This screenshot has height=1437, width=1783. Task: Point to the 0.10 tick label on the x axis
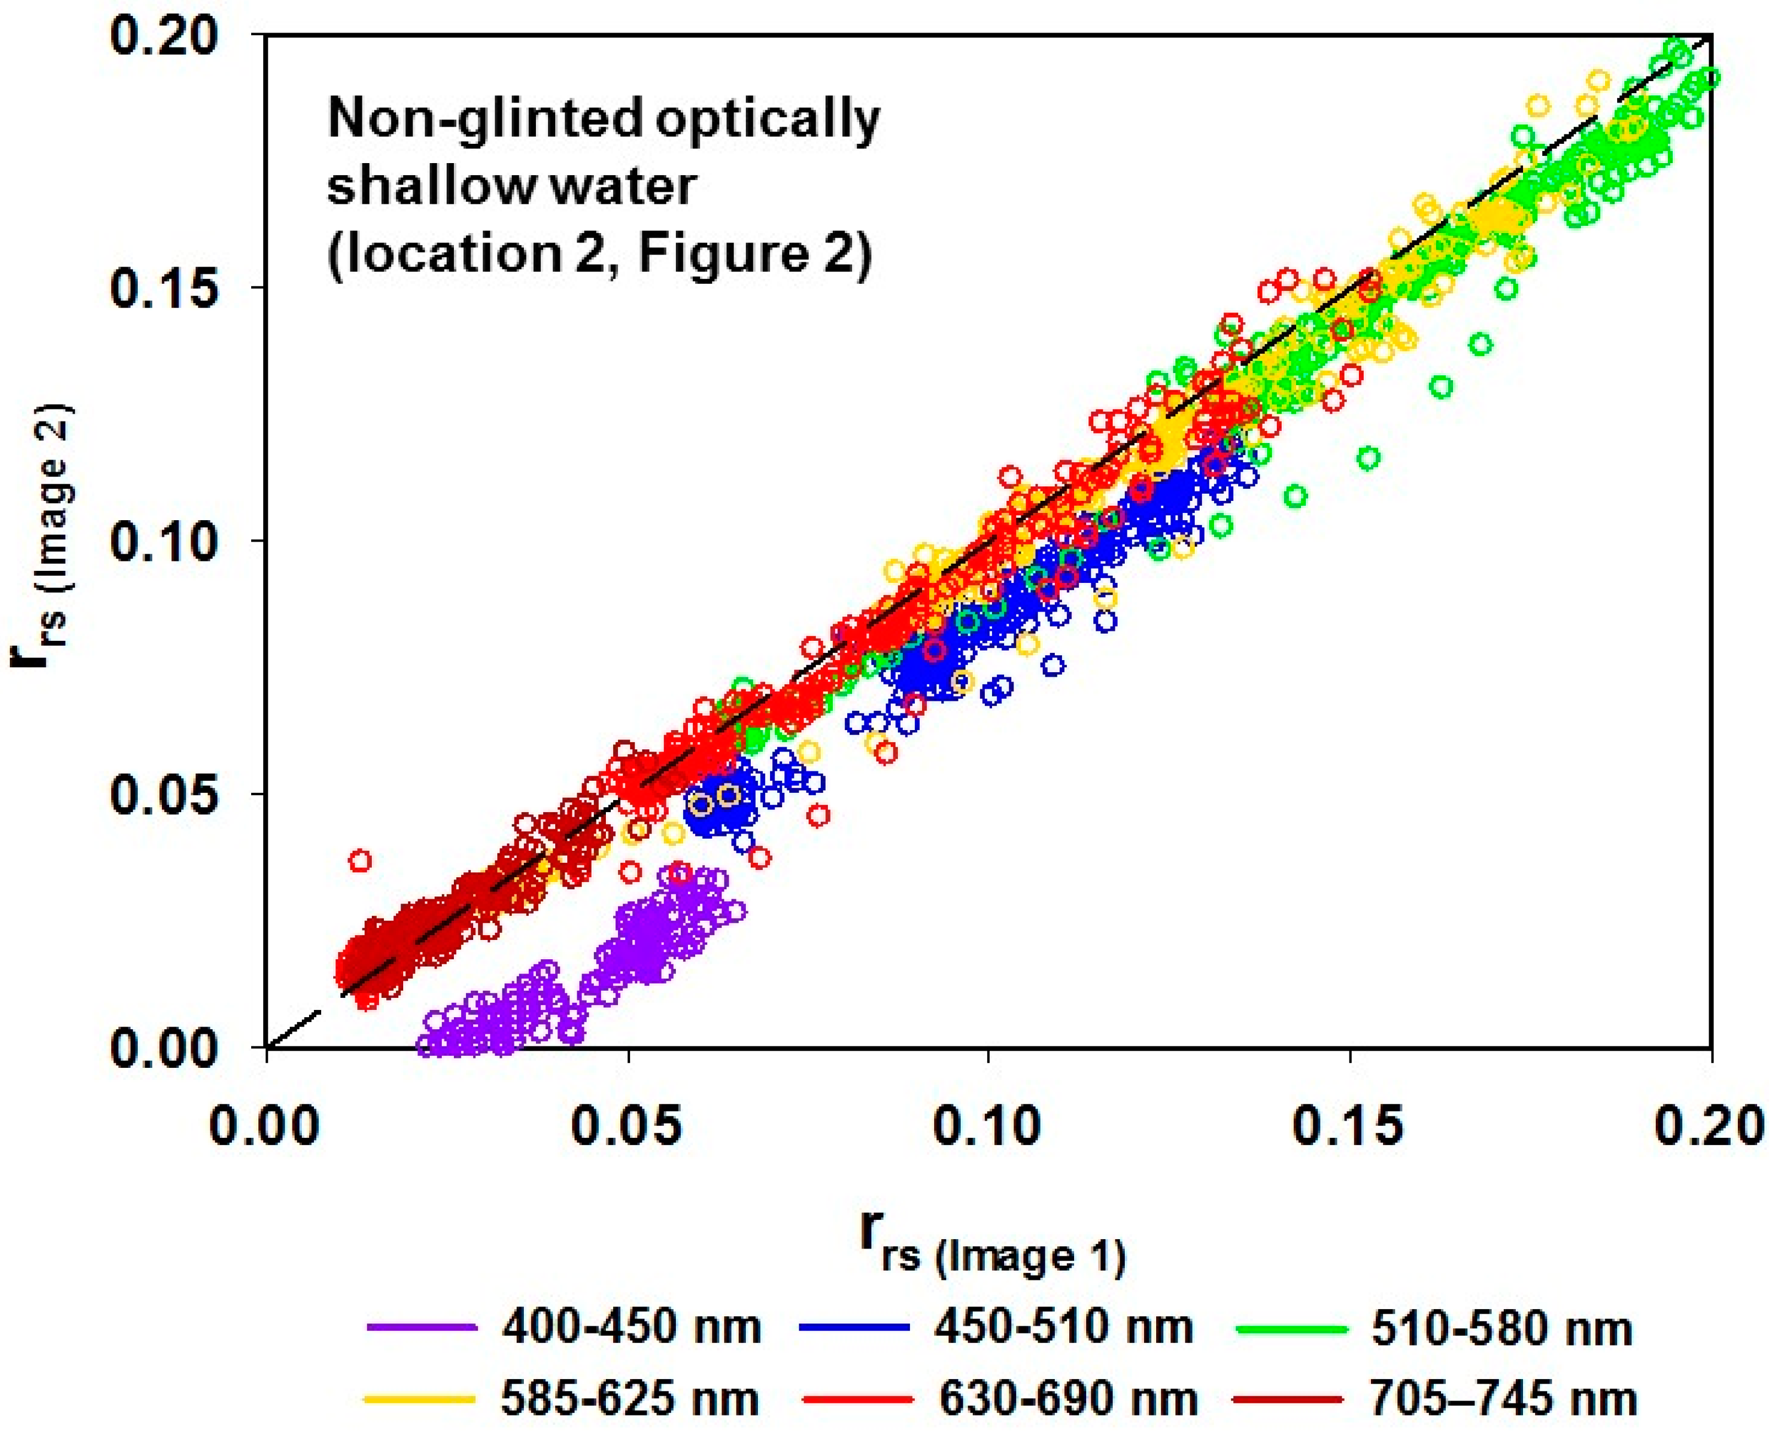click(988, 1127)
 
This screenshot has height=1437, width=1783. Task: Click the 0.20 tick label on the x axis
click(1710, 1127)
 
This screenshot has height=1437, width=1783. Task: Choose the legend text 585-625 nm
click(631, 1400)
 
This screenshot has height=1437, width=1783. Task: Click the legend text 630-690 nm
click(1067, 1400)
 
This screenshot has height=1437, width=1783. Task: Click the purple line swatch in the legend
click(422, 1328)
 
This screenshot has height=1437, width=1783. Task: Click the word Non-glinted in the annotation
click(485, 118)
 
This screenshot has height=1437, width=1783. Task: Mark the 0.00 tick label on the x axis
click(265, 1127)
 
